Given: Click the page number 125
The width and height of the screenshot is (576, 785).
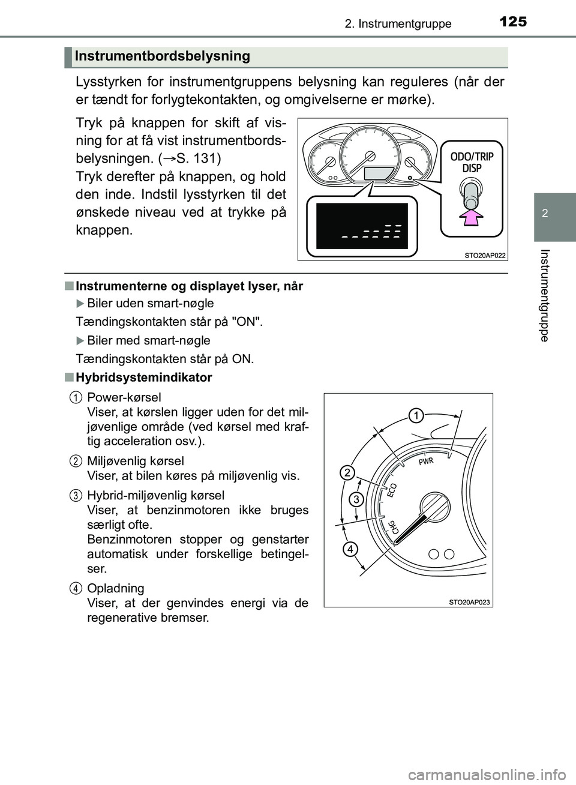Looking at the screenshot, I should (512, 23).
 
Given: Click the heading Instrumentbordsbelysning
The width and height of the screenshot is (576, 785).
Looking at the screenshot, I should (163, 56).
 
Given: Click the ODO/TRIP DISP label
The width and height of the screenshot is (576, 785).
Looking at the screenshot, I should (472, 162).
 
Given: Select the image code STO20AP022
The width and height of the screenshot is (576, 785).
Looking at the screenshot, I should (485, 255).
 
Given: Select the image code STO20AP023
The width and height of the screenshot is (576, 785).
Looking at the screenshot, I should (470, 602).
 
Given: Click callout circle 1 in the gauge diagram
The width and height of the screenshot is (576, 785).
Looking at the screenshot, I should (417, 415).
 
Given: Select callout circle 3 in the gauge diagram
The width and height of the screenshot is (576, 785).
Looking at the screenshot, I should (356, 499).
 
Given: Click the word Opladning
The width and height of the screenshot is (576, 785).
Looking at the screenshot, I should (116, 588).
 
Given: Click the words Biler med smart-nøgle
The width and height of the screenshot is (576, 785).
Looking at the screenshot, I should (148, 340).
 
